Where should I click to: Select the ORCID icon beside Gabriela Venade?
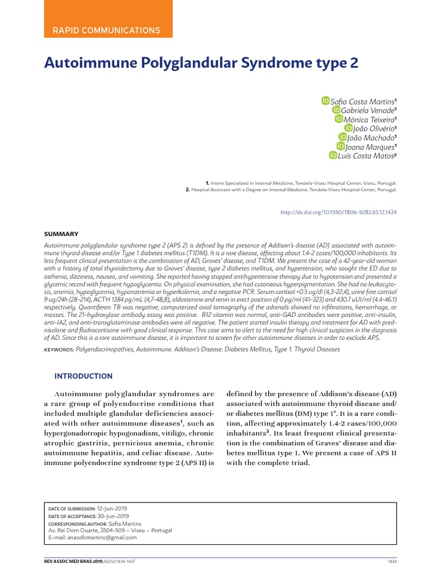tap(336, 110)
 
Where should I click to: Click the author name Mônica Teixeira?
tap(369, 119)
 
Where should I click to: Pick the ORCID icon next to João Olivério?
tap(349, 128)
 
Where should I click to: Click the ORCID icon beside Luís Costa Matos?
tap(332, 155)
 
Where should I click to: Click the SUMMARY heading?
tap(61, 234)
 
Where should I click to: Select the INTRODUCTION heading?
tap(83, 376)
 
